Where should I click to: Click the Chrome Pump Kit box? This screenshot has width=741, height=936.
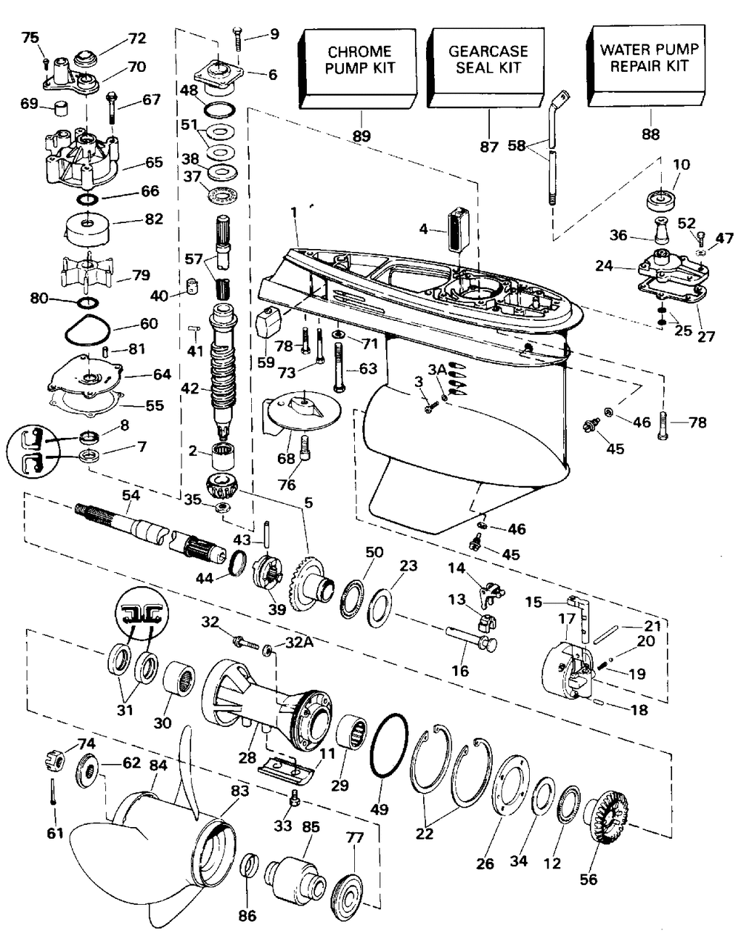click(x=357, y=68)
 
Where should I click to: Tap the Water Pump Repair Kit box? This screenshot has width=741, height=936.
click(x=646, y=65)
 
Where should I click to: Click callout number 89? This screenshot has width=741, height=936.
click(x=362, y=136)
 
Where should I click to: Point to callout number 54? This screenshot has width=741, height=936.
click(x=131, y=495)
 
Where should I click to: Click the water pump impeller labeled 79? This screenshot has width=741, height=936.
click(x=88, y=272)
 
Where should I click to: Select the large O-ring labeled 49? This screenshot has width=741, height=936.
click(x=389, y=746)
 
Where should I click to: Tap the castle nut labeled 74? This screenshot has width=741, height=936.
click(x=55, y=760)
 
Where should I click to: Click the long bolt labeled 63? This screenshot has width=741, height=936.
click(x=339, y=368)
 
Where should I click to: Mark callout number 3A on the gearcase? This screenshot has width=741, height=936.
click(x=437, y=370)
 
